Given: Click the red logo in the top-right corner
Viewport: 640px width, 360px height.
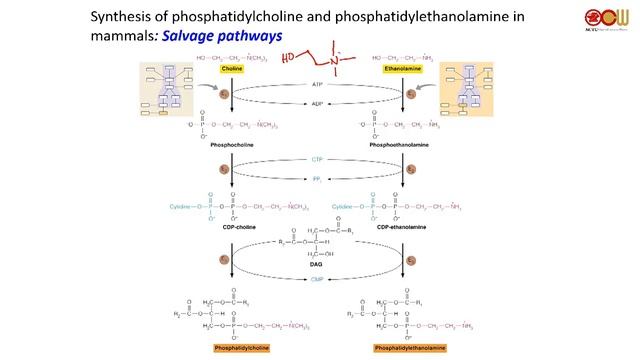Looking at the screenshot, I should point(603,19).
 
